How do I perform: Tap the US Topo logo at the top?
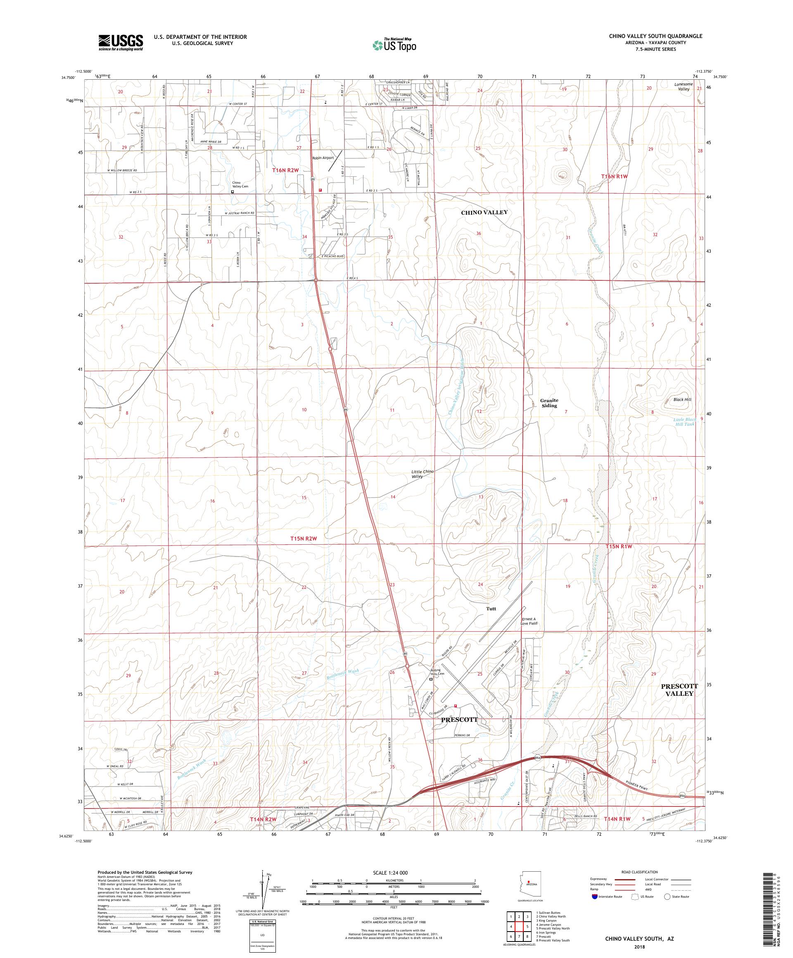point(395,45)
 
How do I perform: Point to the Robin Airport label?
point(323,158)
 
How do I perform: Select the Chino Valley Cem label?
point(236,185)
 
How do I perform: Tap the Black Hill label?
point(681,400)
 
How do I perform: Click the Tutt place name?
point(491,609)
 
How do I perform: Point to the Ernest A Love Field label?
point(529,621)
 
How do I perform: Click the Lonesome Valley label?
point(683,87)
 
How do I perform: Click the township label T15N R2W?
point(304,538)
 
